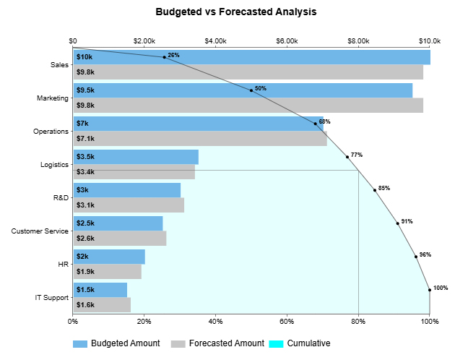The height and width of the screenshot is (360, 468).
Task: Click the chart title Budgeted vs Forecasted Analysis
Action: pyautogui.click(x=235, y=12)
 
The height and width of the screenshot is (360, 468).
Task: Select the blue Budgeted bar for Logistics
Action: pyautogui.click(x=136, y=157)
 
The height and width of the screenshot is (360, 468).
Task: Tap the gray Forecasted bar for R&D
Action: pyautogui.click(x=129, y=205)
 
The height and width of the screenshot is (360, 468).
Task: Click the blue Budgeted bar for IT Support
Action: pyautogui.click(x=100, y=290)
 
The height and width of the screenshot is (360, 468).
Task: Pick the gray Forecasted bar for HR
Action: pyautogui.click(x=107, y=271)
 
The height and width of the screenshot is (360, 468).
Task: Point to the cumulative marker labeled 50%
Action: pyautogui.click(x=251, y=90)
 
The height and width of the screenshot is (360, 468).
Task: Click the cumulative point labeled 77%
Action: pyautogui.click(x=347, y=157)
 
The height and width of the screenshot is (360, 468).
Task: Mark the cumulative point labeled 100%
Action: pyautogui.click(x=430, y=290)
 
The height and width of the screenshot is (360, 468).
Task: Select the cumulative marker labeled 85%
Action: pyautogui.click(x=375, y=190)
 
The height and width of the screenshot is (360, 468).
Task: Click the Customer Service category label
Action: pyautogui.click(x=40, y=231)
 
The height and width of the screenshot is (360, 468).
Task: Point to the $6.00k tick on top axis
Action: pyautogui.click(x=287, y=40)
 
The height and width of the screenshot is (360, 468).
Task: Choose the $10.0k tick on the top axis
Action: pyautogui.click(x=430, y=40)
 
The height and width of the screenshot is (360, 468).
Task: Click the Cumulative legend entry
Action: pyautogui.click(x=308, y=343)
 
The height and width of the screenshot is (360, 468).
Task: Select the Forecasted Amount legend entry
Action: pyautogui.click(x=226, y=343)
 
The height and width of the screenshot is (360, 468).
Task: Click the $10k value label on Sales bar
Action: pyautogui.click(x=84, y=57)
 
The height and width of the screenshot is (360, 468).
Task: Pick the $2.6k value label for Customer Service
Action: pyautogui.click(x=85, y=239)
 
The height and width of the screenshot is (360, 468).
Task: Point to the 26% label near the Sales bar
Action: pyautogui.click(x=173, y=55)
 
